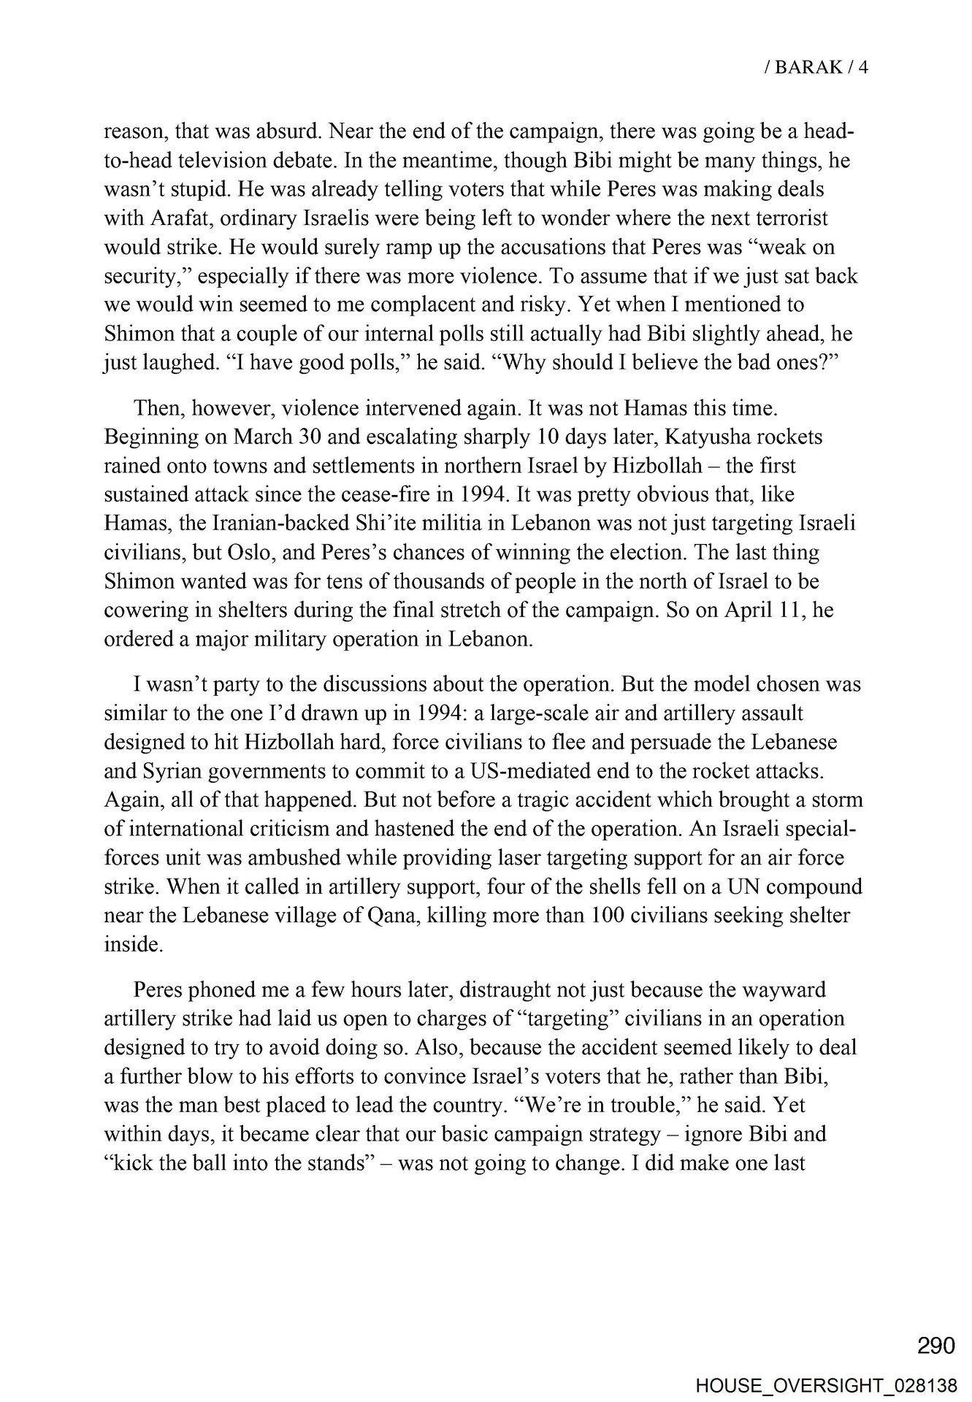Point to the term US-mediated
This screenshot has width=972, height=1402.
[x=520, y=770]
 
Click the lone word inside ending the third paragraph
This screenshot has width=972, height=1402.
[x=132, y=944]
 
